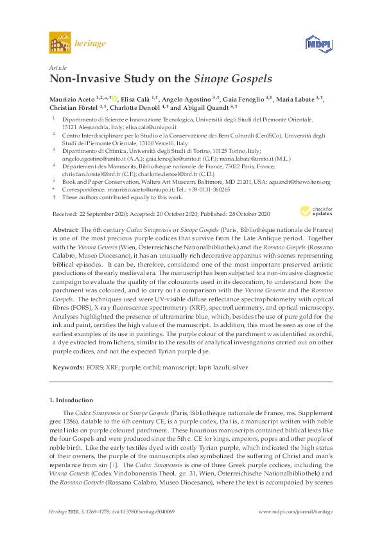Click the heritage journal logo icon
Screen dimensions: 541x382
click(59, 43)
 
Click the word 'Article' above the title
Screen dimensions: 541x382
click(57, 67)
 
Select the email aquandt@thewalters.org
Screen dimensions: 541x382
click(304, 182)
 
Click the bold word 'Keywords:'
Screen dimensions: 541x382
click(67, 367)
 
